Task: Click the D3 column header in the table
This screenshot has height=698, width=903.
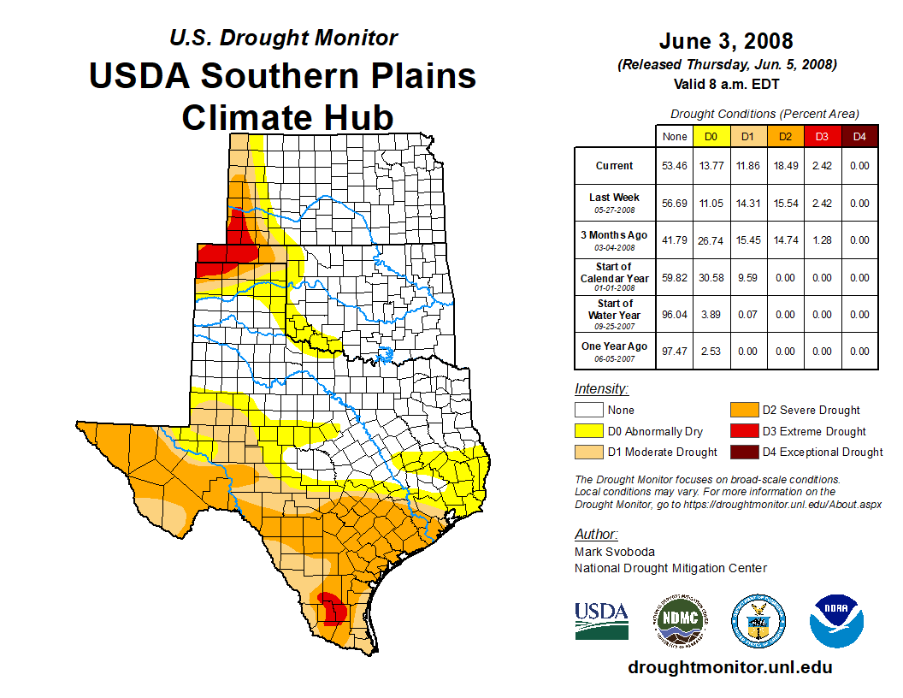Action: (823, 135)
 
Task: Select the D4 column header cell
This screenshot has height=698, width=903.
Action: (859, 135)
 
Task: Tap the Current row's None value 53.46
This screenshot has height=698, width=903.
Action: (675, 166)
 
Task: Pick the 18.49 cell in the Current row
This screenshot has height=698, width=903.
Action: (786, 166)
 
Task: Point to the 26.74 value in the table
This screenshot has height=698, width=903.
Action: (711, 240)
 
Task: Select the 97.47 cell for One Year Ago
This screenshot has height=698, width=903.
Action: (675, 351)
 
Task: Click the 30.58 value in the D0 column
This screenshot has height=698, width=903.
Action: (711, 277)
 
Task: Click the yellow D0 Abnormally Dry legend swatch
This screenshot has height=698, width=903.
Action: (588, 431)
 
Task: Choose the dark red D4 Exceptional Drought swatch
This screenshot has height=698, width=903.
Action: (743, 452)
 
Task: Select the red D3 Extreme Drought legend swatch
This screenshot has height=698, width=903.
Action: (743, 431)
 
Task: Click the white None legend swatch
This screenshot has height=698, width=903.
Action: (588, 411)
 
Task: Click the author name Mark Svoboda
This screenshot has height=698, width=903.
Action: (614, 552)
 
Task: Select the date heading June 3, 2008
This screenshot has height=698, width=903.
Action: (726, 41)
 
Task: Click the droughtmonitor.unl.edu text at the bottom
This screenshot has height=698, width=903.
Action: (729, 667)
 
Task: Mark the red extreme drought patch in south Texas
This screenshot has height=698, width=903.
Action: (330, 608)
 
